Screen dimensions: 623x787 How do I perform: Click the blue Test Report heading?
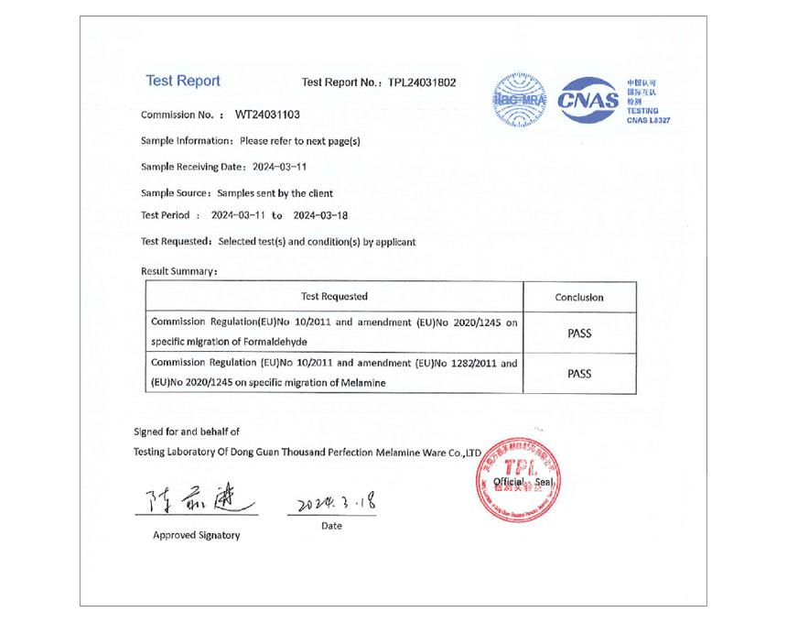[183, 81]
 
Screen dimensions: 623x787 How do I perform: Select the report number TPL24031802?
[422, 82]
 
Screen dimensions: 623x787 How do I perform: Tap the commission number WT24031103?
[267, 115]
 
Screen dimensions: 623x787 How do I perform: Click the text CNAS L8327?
[649, 120]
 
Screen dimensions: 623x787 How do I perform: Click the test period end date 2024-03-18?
[320, 215]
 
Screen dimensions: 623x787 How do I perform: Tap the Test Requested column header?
[334, 296]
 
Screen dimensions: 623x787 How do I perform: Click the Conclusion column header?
[579, 297]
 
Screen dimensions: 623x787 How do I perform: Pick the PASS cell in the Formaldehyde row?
[579, 333]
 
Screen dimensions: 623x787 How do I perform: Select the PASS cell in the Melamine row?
[579, 374]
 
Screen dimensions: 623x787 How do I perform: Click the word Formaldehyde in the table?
[253, 342]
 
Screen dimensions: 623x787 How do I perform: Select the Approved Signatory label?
[196, 535]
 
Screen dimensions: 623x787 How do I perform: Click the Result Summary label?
[179, 271]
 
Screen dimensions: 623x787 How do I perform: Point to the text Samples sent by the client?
[275, 193]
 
